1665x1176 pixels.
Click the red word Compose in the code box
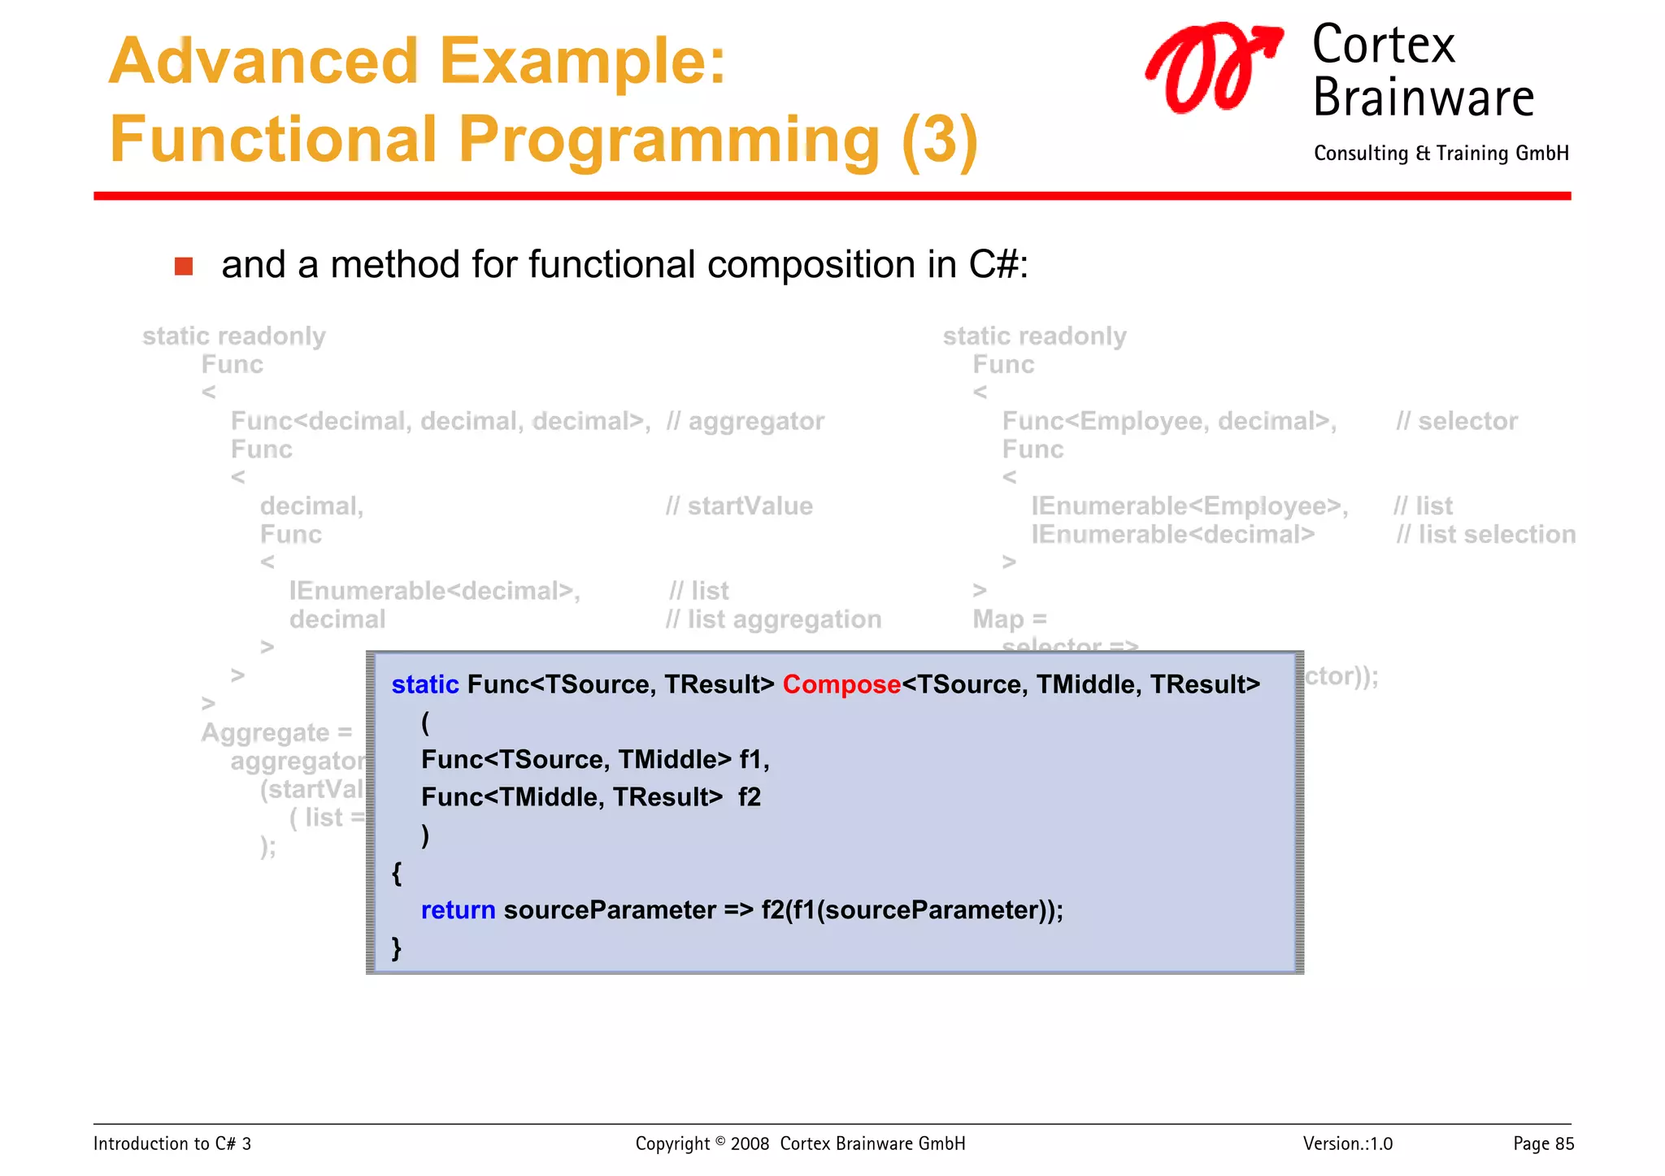[841, 685]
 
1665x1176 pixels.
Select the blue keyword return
[458, 910]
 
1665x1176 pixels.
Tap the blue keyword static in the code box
[424, 685]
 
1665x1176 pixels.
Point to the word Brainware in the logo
[1423, 98]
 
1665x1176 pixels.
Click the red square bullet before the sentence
[184, 267]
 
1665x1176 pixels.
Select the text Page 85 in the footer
[1542, 1143]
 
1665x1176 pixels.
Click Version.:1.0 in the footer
[1347, 1143]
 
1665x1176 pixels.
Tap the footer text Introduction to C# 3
[172, 1143]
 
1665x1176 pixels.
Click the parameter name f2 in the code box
[749, 797]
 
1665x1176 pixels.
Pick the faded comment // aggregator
[744, 421]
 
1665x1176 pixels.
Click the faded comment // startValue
[738, 506]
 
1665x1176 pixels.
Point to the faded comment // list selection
[1485, 535]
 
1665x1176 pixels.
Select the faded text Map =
[1009, 619]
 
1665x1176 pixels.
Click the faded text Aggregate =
[276, 733]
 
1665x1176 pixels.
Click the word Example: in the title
[582, 62]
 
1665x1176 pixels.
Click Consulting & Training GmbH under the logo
[1441, 154]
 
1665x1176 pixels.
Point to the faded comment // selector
[1456, 421]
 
